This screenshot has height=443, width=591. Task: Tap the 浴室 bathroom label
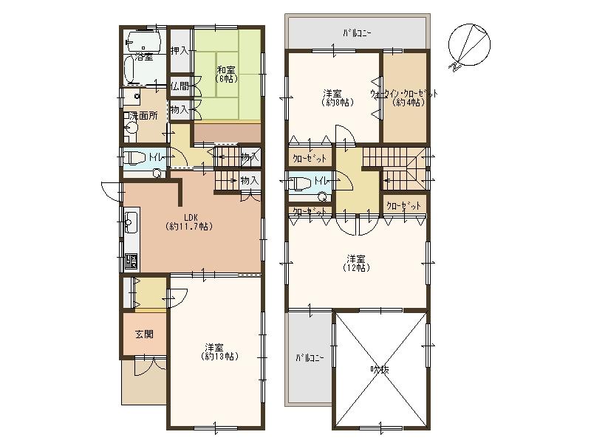click(143, 57)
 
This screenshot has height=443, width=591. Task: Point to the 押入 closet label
click(178, 51)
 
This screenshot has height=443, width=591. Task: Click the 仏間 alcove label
click(178, 86)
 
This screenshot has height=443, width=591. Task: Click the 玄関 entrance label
click(144, 334)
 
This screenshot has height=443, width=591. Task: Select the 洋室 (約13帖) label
click(215, 351)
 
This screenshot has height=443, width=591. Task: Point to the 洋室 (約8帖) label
click(332, 97)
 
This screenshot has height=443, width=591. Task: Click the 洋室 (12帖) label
click(356, 264)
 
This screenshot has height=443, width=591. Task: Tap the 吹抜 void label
click(380, 369)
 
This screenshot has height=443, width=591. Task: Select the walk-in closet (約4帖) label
click(404, 97)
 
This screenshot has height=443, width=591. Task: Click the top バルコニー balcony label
click(357, 33)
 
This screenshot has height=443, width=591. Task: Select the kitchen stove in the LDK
click(131, 261)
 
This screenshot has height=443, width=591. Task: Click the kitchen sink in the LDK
click(131, 222)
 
